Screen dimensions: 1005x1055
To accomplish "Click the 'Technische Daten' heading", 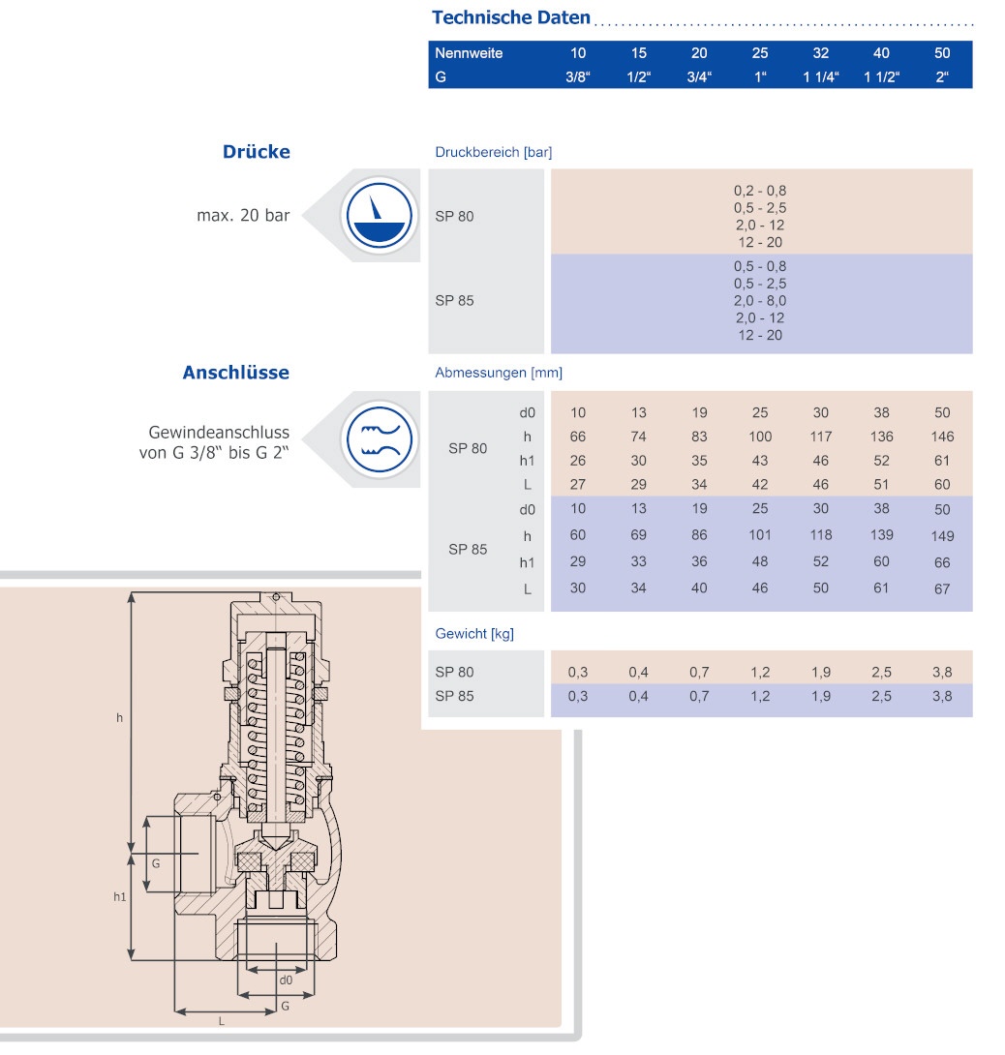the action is tap(511, 17).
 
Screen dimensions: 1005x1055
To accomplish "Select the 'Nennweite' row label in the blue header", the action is tap(469, 53).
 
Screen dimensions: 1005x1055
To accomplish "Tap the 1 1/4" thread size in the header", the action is tap(821, 76).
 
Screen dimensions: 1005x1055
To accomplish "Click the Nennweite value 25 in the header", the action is tap(760, 53).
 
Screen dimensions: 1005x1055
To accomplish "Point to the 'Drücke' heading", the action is tap(257, 151).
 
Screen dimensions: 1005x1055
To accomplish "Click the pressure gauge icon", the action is tap(379, 215).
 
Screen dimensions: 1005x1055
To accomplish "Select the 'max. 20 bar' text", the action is tap(243, 215).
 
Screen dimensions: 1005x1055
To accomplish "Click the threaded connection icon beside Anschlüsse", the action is tap(379, 439).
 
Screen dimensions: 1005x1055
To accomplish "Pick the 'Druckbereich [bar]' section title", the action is tap(494, 152).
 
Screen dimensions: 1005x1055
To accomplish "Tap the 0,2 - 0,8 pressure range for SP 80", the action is tap(760, 191).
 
